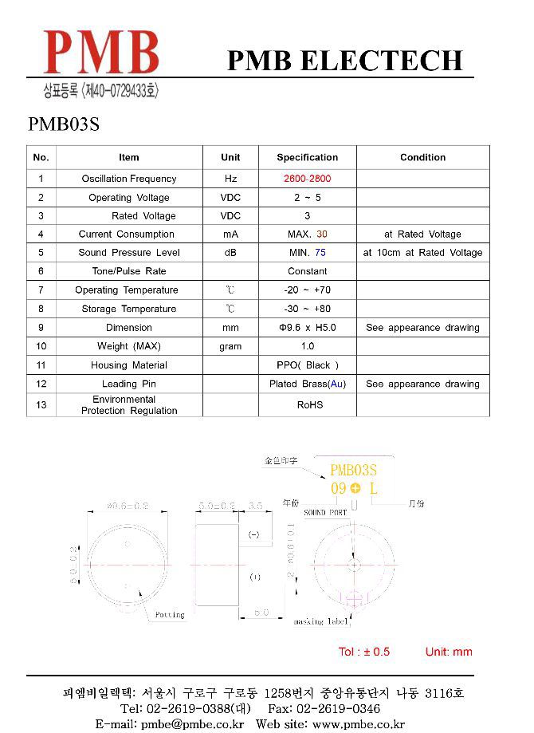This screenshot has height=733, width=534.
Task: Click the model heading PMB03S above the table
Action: pyautogui.click(x=63, y=125)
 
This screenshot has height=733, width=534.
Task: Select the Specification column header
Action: pyautogui.click(x=307, y=157)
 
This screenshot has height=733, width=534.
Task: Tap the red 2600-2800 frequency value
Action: pyautogui.click(x=307, y=179)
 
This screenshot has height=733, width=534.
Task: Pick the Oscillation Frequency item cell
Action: pyautogui.click(x=128, y=179)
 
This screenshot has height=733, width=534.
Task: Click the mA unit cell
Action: pyautogui.click(x=230, y=234)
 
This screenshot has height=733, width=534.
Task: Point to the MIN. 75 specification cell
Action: pyautogui.click(x=307, y=253)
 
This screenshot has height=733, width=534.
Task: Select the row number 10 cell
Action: pyautogui.click(x=41, y=346)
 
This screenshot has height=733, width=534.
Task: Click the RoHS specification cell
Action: pyautogui.click(x=310, y=405)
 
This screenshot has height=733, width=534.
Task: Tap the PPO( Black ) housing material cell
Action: pyautogui.click(x=307, y=365)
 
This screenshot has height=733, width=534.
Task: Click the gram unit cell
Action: pyautogui.click(x=230, y=346)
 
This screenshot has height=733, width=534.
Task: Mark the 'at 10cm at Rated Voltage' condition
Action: pyautogui.click(x=422, y=253)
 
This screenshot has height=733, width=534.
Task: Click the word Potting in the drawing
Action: pyautogui.click(x=169, y=614)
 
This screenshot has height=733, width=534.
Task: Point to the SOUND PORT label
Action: pyautogui.click(x=325, y=513)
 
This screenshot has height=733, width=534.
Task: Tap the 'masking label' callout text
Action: pyautogui.click(x=320, y=621)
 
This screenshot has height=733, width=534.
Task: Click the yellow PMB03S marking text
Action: pyautogui.click(x=353, y=471)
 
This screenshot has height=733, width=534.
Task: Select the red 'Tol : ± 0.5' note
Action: pyautogui.click(x=364, y=652)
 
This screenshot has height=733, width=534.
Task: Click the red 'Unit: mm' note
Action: pyautogui.click(x=449, y=652)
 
